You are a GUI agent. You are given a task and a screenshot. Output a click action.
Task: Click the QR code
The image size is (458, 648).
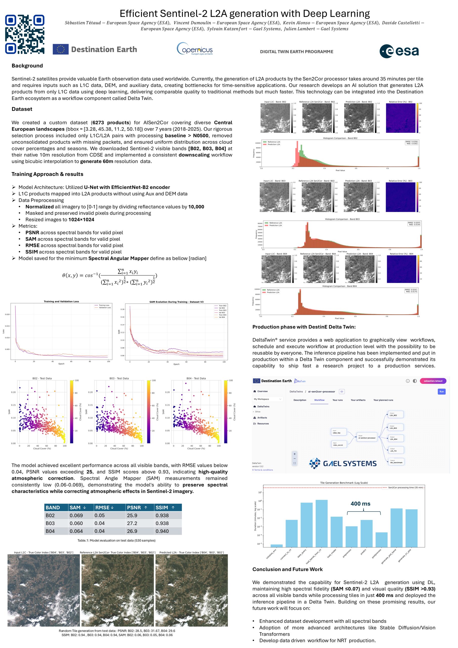[25, 34]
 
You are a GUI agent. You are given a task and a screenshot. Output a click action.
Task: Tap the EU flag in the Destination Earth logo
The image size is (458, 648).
[61, 49]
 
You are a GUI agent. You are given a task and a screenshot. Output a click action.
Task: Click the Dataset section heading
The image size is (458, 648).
[22, 109]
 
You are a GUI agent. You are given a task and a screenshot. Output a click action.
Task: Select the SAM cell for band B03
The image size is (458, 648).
[76, 523]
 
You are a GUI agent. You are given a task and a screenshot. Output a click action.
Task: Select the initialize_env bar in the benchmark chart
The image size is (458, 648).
[276, 545]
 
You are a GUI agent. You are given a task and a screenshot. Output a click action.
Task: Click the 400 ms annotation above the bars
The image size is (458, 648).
[360, 503]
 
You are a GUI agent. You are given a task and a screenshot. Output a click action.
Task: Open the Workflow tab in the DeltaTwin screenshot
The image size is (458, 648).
[319, 400]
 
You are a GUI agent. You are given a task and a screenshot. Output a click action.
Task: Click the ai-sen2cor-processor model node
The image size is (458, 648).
[367, 437]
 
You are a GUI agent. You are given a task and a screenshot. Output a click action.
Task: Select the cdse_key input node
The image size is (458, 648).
[338, 432]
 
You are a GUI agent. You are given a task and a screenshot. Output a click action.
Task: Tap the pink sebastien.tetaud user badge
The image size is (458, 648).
[433, 381]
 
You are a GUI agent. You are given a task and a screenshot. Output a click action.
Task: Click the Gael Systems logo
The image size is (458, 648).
[342, 463]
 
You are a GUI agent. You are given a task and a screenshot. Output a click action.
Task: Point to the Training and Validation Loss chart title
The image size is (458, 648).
[61, 301]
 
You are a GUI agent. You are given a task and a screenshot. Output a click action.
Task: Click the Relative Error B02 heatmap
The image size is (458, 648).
[401, 118]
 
